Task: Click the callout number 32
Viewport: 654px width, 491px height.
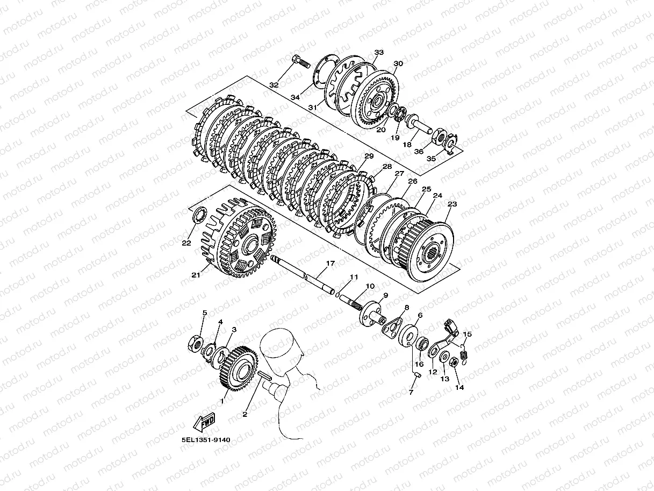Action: [x=274, y=85]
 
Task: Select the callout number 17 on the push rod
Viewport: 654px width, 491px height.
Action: [x=330, y=263]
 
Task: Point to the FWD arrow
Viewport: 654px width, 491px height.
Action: [x=204, y=422]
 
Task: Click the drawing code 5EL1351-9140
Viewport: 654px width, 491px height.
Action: [x=206, y=440]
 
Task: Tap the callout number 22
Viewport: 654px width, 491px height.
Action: [x=186, y=243]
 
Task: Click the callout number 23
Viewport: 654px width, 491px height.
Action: [x=452, y=204]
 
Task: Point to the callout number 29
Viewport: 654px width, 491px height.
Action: [x=369, y=156]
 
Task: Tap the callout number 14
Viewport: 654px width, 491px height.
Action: [x=459, y=387]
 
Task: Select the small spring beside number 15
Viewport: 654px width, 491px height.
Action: [x=464, y=355]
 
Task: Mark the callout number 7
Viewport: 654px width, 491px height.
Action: [x=411, y=393]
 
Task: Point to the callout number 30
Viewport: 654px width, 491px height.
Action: [x=398, y=63]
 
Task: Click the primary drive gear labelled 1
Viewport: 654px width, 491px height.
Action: [x=238, y=369]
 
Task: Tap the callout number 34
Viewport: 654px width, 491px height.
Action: [x=295, y=97]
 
